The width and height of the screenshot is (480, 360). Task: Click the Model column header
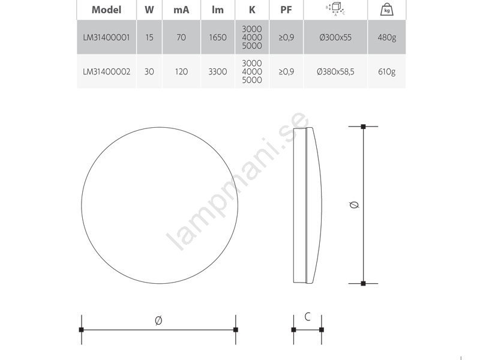coord(107,10)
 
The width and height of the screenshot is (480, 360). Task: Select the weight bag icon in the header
coord(386,10)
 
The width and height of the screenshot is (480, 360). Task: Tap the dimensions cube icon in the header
coord(335,9)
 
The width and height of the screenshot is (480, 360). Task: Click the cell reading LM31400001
coord(107,37)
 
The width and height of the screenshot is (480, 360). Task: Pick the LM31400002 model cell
coord(107,71)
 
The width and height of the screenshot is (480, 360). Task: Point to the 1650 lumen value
coord(218,37)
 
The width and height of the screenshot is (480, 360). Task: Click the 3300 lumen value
coord(218,71)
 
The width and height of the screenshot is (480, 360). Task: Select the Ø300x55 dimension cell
coord(335,37)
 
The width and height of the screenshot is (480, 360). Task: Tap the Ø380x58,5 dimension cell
coord(335,71)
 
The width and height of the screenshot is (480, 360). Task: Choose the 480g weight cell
coord(387,38)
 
